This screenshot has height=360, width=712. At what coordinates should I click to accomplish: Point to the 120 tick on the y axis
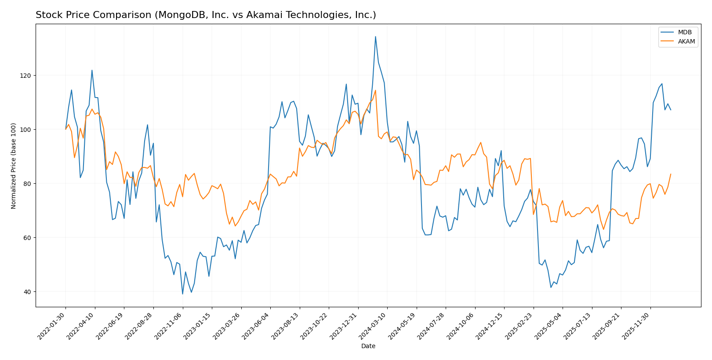click(26, 76)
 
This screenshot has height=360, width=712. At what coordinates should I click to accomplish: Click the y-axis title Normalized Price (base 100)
click(14, 166)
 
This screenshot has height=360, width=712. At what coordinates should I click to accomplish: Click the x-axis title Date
click(368, 346)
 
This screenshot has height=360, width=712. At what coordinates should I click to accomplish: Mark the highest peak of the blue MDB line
click(375, 36)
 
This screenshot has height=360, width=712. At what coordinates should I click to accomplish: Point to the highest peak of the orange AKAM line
click(375, 90)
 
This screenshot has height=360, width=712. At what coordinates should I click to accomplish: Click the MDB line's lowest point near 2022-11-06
click(182, 294)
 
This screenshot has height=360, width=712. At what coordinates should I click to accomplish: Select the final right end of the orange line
click(671, 174)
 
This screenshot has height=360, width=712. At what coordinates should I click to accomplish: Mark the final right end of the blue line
click(671, 110)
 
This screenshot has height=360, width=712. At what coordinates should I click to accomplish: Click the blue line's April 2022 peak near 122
click(92, 70)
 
